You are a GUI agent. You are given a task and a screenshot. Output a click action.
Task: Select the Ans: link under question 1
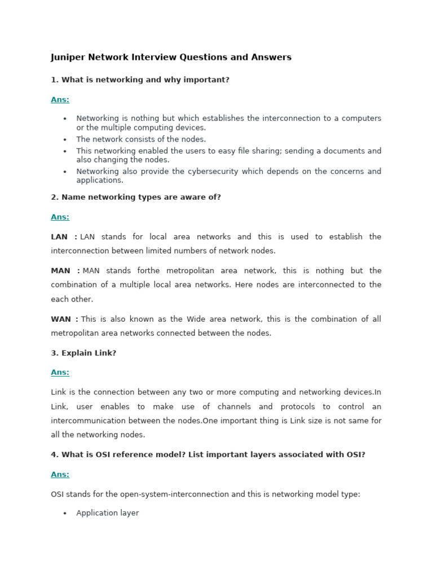point(60,99)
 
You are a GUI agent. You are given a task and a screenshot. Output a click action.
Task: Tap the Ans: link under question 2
point(60,217)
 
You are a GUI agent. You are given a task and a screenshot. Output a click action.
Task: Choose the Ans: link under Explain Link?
point(60,372)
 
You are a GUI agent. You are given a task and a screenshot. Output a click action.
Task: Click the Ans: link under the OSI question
point(60,474)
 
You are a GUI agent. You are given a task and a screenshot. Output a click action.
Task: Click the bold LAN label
point(60,237)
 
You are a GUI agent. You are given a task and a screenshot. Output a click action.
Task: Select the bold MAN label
point(61,270)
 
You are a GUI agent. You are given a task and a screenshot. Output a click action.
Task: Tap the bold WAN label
point(61,319)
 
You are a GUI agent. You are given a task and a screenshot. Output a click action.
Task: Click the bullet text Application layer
point(107,513)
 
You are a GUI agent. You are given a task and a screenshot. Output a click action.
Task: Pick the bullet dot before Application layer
point(65,514)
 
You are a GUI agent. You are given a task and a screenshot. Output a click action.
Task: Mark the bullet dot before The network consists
point(65,139)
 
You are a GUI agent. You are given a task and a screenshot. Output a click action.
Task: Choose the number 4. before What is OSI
point(55,454)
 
